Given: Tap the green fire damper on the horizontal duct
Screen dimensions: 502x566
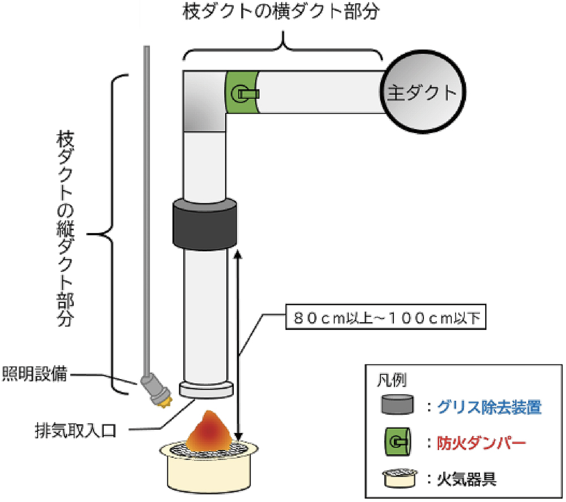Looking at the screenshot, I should click(243, 92).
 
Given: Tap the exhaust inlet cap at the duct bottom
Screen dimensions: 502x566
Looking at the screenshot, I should click(206, 389).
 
